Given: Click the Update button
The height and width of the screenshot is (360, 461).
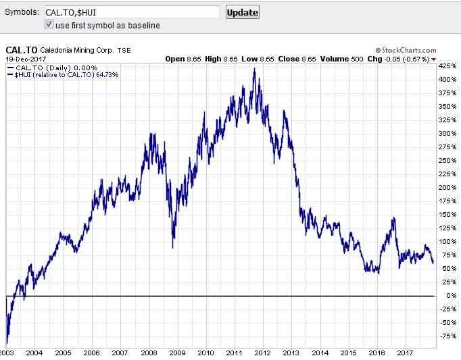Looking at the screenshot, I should [242, 12].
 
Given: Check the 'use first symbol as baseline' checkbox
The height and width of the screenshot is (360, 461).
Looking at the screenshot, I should [49, 25].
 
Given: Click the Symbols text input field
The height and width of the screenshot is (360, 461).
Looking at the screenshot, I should [131, 12].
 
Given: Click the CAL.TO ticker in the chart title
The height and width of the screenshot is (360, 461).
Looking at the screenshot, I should [21, 50].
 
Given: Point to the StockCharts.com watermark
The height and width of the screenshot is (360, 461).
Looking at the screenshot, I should [406, 50].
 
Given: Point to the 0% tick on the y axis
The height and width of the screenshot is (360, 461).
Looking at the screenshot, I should [445, 296].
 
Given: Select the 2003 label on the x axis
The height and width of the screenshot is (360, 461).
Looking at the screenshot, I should [7, 353].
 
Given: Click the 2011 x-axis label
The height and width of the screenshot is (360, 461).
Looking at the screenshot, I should [235, 353].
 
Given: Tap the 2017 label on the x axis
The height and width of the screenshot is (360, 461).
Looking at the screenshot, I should [406, 353].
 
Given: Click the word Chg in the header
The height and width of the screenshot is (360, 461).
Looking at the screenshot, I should [374, 59].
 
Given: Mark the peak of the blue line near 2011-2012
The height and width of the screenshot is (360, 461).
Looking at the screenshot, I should [254, 68].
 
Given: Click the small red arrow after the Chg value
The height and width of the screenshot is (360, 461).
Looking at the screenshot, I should [433, 59].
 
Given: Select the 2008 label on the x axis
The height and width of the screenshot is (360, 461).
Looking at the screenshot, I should [149, 353].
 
